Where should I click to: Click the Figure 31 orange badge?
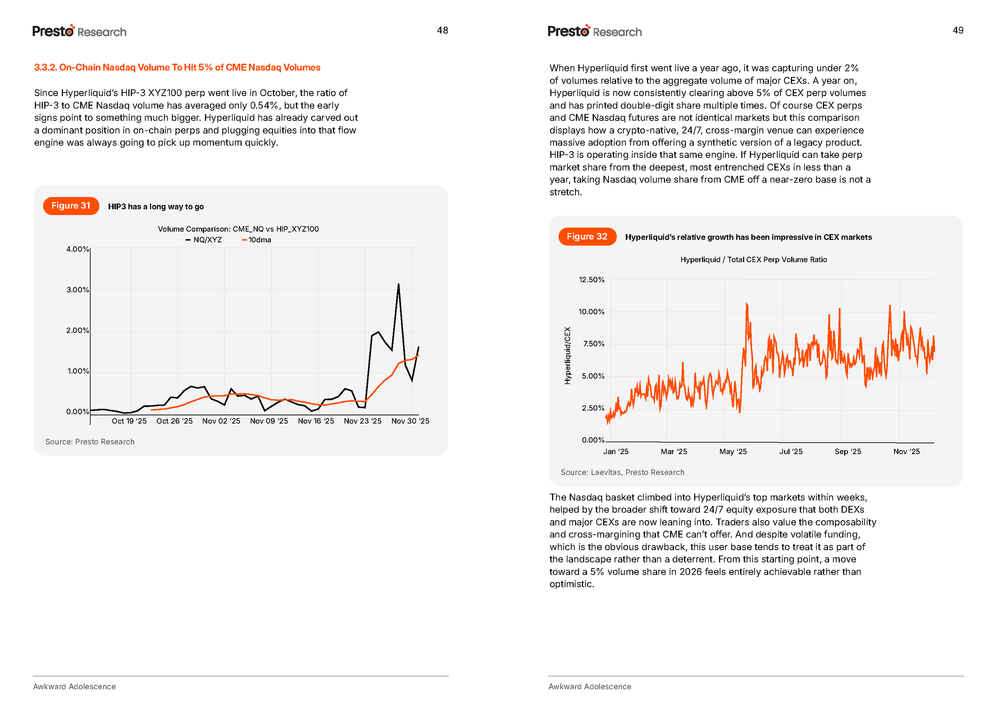(71, 206)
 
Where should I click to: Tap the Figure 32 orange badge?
(587, 237)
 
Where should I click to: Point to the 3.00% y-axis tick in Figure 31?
(78, 290)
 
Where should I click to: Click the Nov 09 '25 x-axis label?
(269, 421)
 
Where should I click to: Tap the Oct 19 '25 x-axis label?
(129, 421)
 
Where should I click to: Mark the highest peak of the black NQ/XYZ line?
(398, 285)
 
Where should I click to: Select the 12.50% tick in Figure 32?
(591, 280)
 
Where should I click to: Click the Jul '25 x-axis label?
(791, 452)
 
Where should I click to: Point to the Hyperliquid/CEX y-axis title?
(567, 356)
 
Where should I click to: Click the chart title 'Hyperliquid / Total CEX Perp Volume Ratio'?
(753, 260)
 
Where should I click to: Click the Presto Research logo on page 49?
(595, 31)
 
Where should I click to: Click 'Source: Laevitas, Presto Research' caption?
(623, 472)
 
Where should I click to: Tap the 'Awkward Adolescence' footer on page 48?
(75, 686)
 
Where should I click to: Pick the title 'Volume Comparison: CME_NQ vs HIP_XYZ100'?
(238, 229)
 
